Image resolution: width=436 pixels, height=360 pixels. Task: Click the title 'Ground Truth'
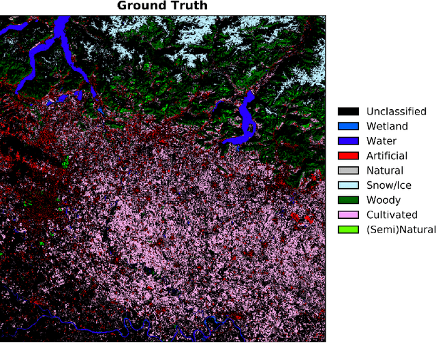[x=162, y=6]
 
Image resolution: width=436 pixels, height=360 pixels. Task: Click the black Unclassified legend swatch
[x=348, y=111]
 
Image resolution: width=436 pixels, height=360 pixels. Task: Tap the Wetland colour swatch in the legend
[x=348, y=126]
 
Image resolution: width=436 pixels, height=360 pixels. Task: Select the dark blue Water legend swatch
[x=348, y=141]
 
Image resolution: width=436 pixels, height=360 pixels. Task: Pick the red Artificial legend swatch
[x=348, y=156]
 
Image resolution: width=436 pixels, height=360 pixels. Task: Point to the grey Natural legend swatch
[x=348, y=170]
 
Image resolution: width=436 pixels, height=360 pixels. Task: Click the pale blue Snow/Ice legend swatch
[x=348, y=185]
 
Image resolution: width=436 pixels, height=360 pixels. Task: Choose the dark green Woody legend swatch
[x=348, y=200]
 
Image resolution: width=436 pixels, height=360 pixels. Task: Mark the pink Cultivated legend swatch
[x=348, y=215]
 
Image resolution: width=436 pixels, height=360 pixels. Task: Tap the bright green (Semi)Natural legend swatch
[x=348, y=229]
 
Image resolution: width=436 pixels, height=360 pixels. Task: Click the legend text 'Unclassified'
[x=396, y=111]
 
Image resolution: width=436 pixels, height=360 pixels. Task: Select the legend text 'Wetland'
[x=387, y=126]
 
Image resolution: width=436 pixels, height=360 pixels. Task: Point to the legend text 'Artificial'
[x=386, y=156]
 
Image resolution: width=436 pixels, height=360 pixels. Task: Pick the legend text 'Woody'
[x=382, y=200]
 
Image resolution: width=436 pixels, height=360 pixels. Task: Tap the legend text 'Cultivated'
[x=391, y=215]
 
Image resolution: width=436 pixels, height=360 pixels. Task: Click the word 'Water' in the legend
[x=381, y=141]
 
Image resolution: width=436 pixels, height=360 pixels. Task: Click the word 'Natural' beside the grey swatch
[x=384, y=170]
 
